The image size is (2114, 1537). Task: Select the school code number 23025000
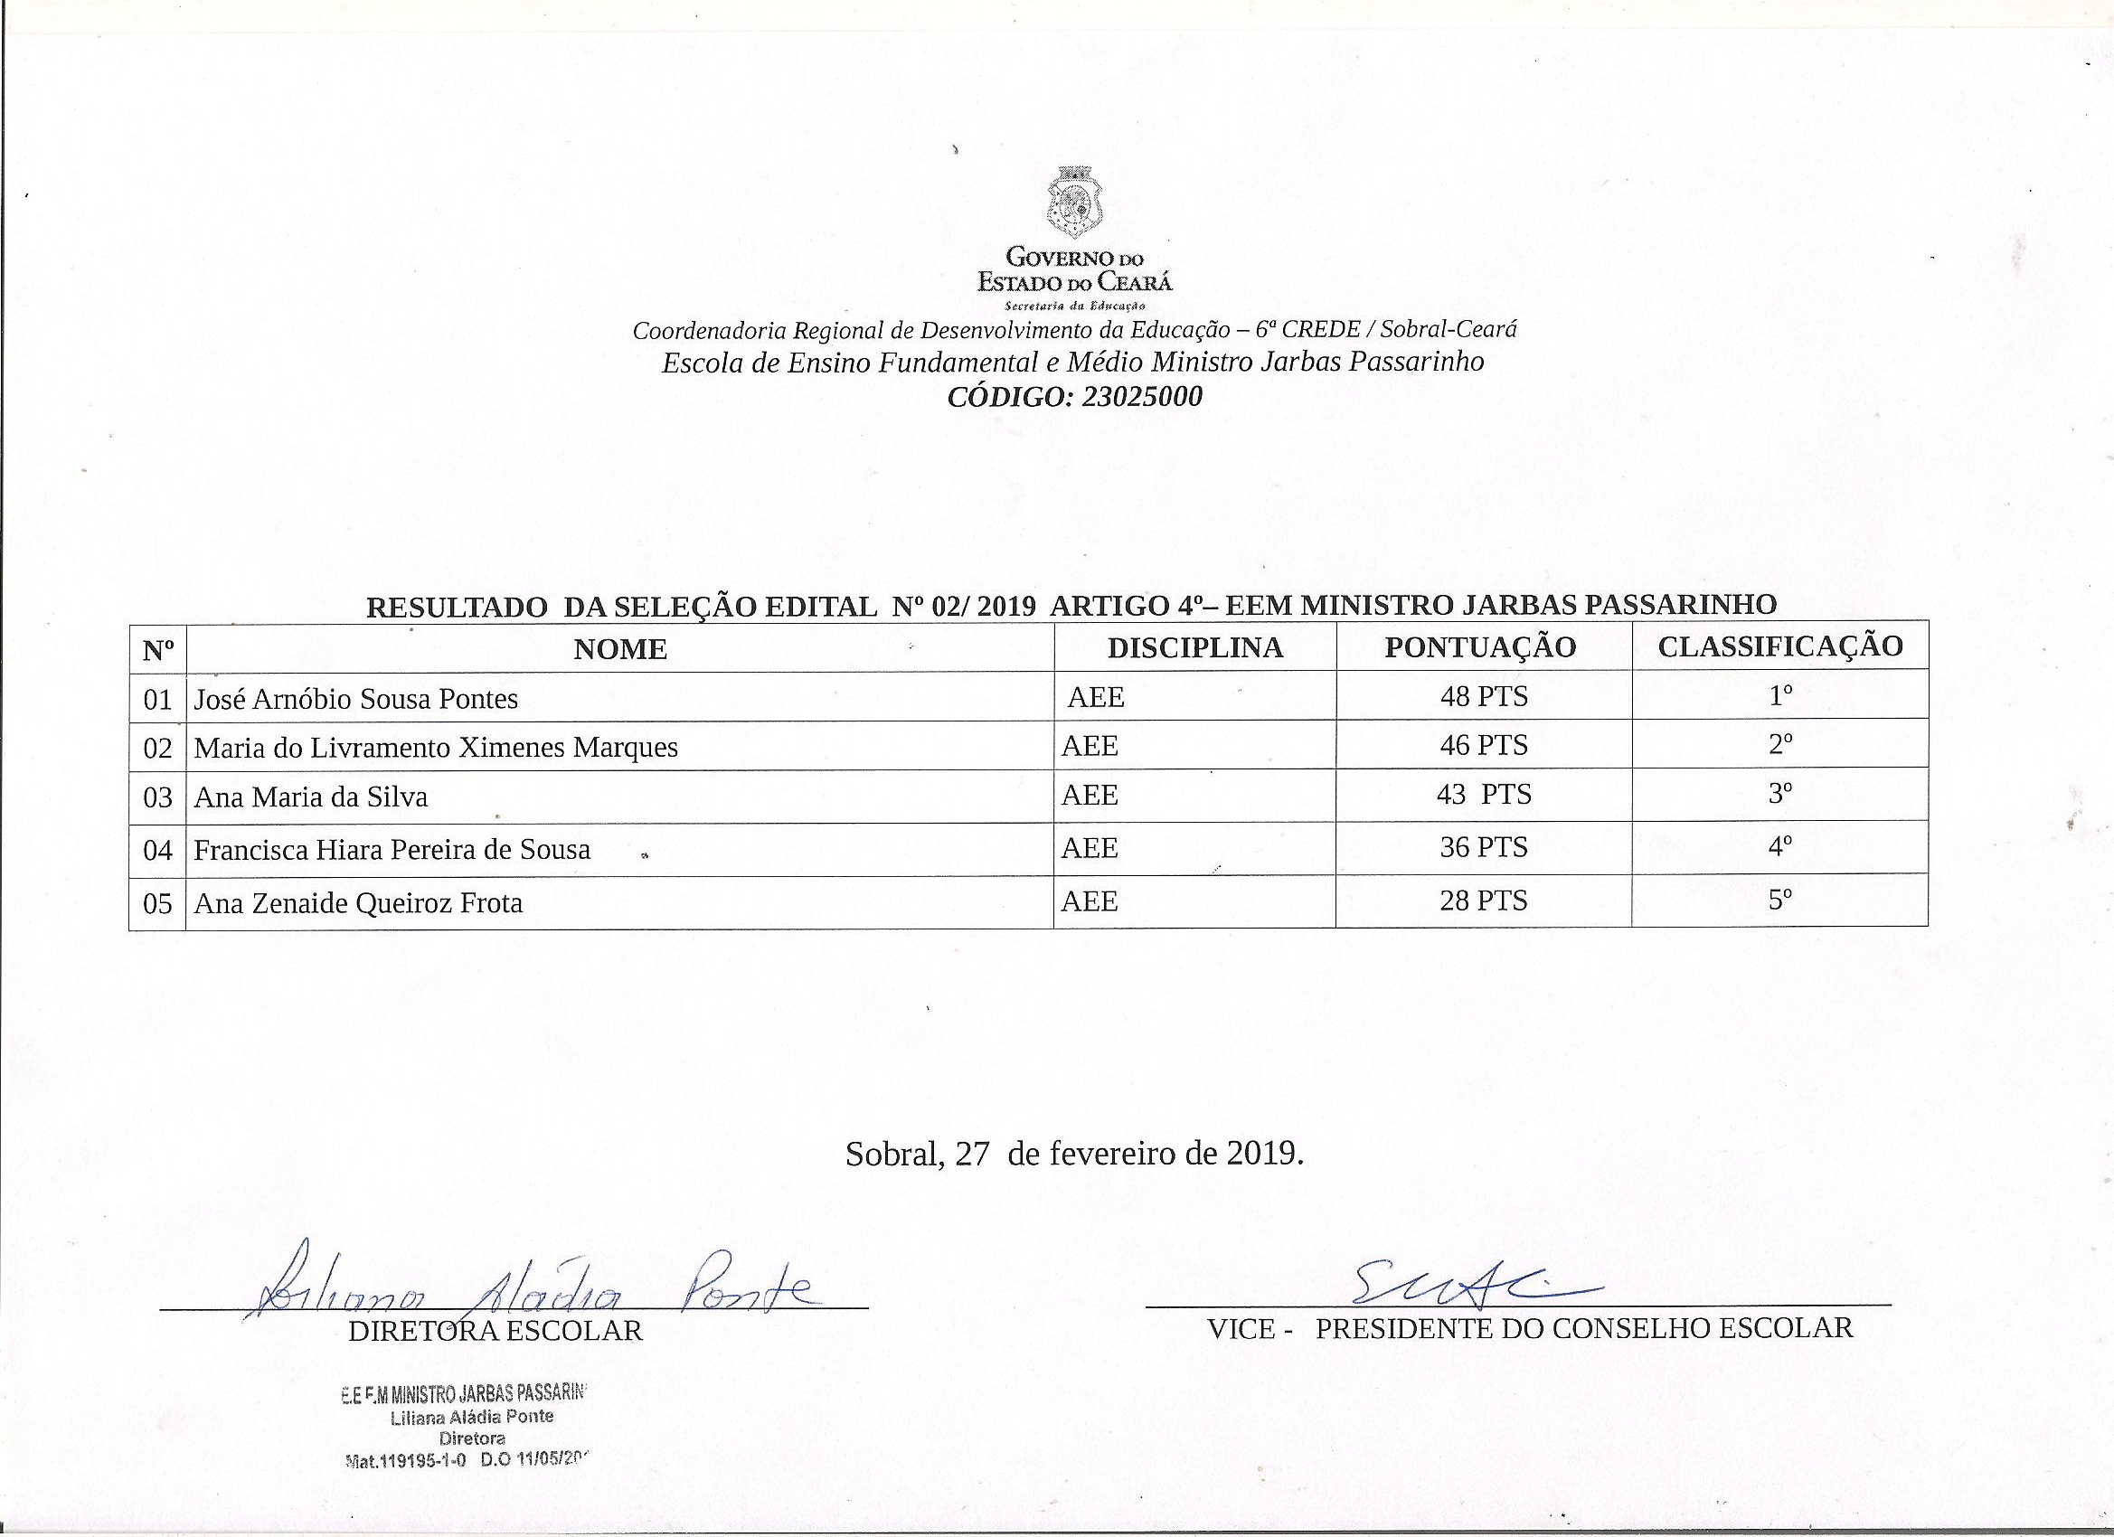tap(1141, 397)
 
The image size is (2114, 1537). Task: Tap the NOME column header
tap(620, 649)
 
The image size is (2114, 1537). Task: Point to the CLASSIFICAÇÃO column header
tap(1779, 646)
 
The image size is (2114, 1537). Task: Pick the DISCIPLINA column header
tap(1195, 647)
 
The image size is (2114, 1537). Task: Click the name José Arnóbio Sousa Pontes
tap(355, 699)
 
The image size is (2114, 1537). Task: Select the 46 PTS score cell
tap(1483, 745)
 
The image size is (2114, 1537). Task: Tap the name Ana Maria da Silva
tap(310, 797)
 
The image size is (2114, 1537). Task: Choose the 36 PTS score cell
tap(1483, 847)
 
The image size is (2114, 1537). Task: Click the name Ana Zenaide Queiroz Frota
tap(358, 902)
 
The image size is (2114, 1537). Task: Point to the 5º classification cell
tap(1780, 900)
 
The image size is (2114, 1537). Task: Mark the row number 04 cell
tap(157, 850)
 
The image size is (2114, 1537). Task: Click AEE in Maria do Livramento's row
tap(1090, 746)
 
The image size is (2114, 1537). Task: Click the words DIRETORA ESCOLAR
tap(495, 1330)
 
